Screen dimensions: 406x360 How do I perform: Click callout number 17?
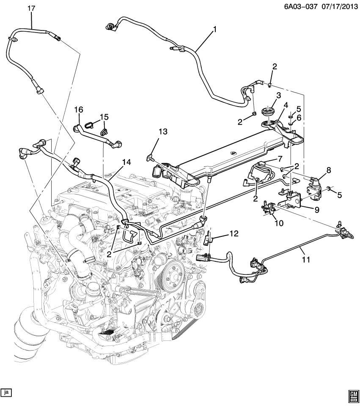pyautogui.click(x=32, y=8)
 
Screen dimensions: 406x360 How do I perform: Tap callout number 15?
pyautogui.click(x=104, y=117)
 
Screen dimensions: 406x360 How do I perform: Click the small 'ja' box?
pyautogui.click(x=6, y=392)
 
